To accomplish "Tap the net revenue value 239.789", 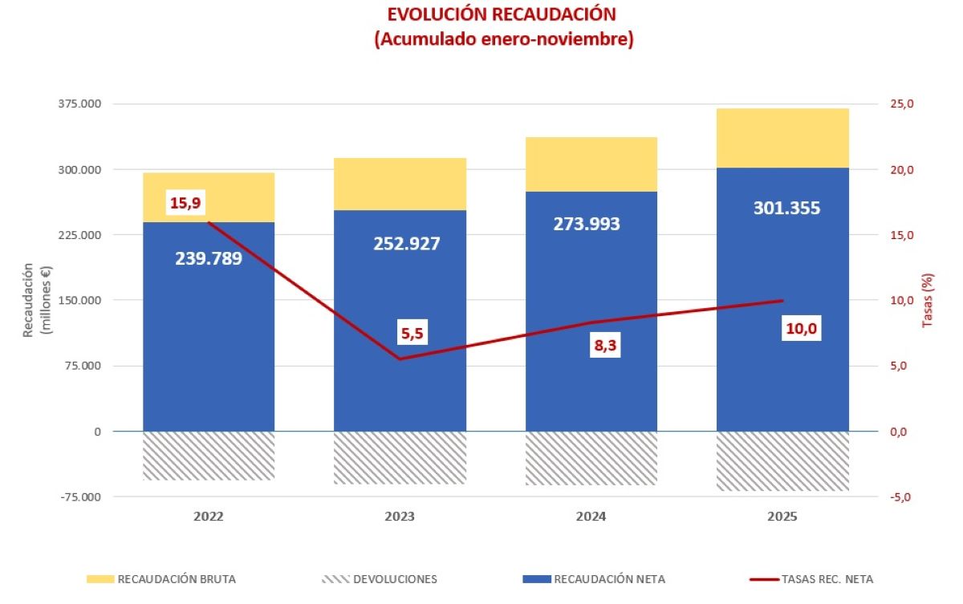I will [x=209, y=258].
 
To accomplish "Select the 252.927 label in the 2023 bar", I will [x=407, y=243].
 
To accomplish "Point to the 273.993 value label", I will [x=587, y=224].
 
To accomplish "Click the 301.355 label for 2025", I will [x=786, y=209].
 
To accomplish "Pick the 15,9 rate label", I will [x=185, y=203].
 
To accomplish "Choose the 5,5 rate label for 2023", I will [x=411, y=332].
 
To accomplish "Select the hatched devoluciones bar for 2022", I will [x=209, y=456].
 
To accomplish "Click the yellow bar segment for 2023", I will [x=400, y=184].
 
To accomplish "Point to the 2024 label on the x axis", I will [x=591, y=517].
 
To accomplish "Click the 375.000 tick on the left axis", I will [x=79, y=104].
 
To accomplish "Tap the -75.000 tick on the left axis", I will [x=79, y=497].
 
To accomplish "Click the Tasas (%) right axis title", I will [x=928, y=301].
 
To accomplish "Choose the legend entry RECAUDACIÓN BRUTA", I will [x=160, y=578].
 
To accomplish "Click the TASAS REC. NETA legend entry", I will [x=811, y=578].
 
